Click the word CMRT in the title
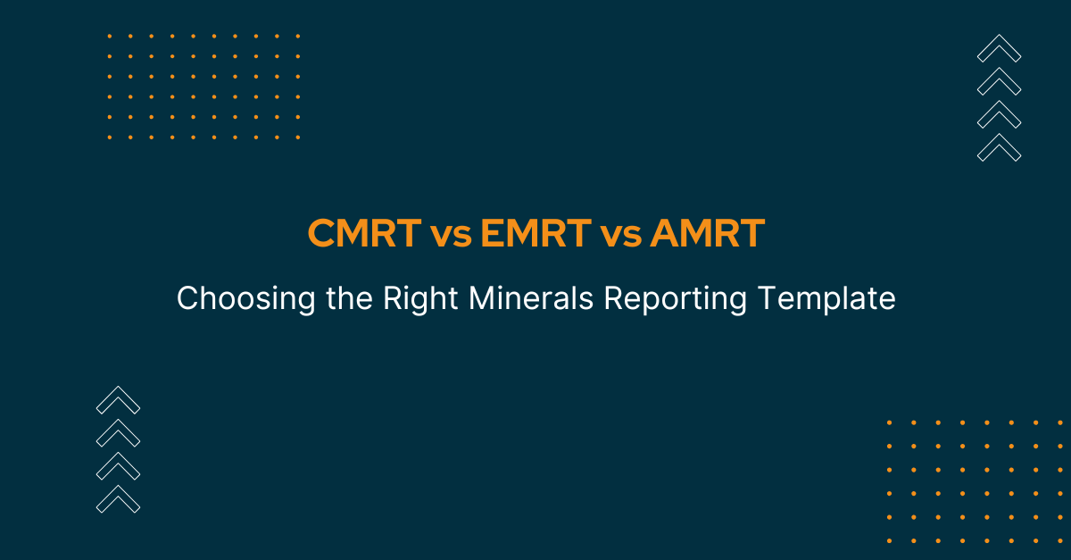(364, 233)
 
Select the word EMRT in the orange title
(536, 233)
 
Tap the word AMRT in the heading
(708, 233)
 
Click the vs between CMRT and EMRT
(451, 237)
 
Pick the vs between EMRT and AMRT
(620, 237)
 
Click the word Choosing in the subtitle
(246, 299)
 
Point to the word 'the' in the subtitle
(349, 297)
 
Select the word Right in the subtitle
(420, 299)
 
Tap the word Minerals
(531, 297)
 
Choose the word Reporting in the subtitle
(676, 299)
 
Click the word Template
(826, 299)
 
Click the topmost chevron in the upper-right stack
(1000, 48)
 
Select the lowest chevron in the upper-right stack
(1000, 147)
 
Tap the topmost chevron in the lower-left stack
(118, 399)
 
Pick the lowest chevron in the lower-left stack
(118, 499)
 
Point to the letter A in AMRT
(665, 233)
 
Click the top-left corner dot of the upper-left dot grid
(110, 36)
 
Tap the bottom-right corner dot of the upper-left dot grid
(298, 138)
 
